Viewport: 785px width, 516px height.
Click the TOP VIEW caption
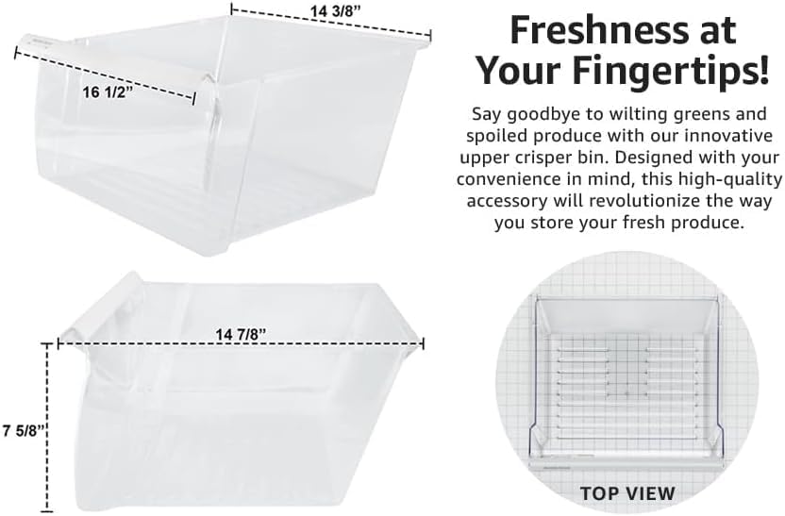[627, 492]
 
